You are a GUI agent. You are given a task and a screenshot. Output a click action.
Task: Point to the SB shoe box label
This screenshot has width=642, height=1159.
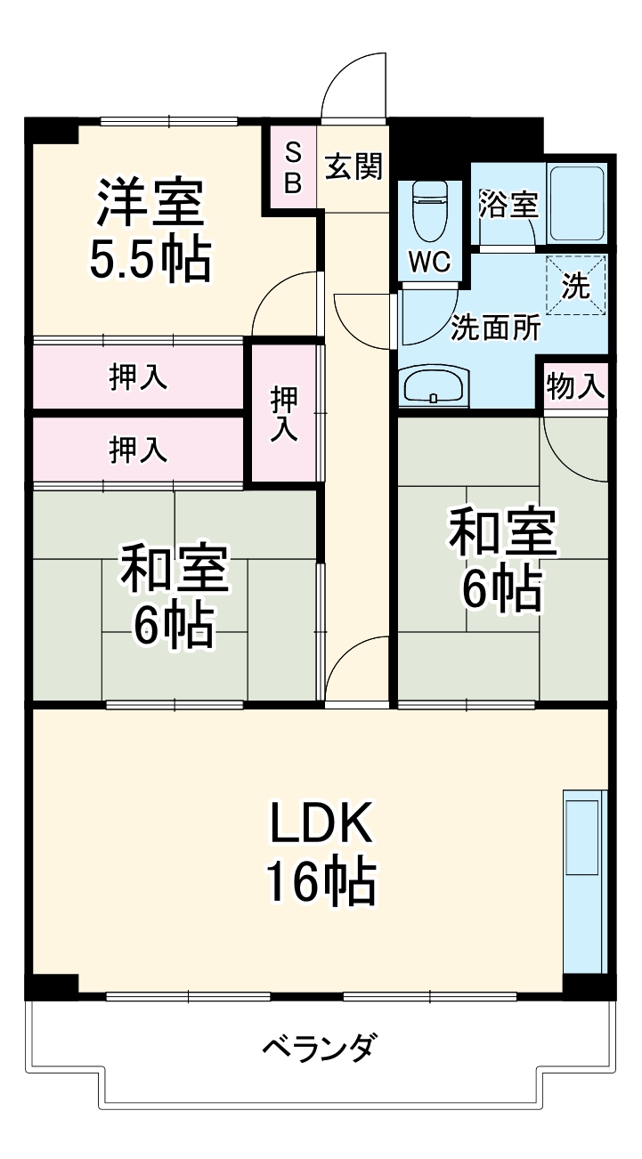(x=293, y=168)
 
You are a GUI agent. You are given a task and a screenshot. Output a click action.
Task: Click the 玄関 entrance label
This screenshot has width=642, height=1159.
(x=354, y=166)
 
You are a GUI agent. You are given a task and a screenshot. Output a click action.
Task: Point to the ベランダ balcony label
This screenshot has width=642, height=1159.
(x=319, y=1047)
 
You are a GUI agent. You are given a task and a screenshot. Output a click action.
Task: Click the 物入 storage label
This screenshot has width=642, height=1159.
(x=575, y=386)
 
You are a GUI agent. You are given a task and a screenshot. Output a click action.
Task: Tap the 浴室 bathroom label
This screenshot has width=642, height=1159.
(x=508, y=204)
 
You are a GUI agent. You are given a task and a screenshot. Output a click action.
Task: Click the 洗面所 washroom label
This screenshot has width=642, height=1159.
(x=495, y=328)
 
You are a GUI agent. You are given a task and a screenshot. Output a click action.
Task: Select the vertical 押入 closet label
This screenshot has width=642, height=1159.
(x=283, y=412)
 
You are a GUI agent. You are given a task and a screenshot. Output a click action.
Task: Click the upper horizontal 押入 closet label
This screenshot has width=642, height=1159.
(x=138, y=377)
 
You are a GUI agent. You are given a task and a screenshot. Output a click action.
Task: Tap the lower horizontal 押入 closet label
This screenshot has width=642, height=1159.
(x=138, y=450)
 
